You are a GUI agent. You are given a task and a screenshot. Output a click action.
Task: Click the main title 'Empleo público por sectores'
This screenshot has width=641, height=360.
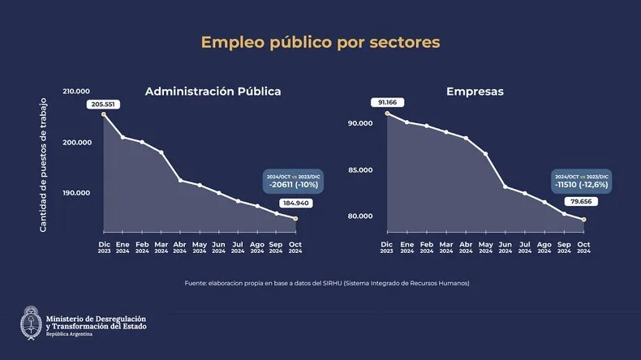point(320,41)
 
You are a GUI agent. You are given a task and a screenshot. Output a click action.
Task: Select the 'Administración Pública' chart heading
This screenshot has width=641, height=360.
point(213,91)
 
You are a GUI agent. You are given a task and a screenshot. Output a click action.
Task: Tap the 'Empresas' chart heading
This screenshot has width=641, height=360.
point(475,91)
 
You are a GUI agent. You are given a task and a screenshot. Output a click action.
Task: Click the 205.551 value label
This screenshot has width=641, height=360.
point(104,105)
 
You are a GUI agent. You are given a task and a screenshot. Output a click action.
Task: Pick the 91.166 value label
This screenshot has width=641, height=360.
point(386,102)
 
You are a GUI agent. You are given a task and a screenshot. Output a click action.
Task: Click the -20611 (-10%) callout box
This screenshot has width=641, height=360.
point(294,182)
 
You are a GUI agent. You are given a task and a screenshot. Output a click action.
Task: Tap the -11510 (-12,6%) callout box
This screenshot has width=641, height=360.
point(581,182)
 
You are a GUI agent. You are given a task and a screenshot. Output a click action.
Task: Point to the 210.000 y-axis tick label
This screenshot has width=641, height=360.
point(75,92)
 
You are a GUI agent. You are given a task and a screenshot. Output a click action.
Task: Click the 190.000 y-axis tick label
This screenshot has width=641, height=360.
point(75,193)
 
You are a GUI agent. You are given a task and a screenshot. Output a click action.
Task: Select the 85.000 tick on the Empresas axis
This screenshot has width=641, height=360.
point(360,170)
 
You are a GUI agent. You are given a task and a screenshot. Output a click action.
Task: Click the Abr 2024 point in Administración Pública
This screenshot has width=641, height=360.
point(180,180)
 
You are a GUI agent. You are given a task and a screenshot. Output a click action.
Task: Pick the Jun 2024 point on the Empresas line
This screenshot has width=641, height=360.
point(505,186)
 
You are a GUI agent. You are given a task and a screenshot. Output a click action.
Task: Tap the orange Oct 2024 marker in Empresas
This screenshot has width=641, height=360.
point(583,220)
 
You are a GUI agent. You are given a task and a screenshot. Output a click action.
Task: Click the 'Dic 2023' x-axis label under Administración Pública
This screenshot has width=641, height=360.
point(104,247)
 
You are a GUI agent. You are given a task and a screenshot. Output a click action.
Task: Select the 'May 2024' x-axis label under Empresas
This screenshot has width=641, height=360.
point(485,247)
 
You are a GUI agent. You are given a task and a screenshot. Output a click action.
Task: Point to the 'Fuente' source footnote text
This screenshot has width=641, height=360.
point(327,283)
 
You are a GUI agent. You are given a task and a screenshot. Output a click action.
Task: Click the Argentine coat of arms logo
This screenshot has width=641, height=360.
point(31,322)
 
